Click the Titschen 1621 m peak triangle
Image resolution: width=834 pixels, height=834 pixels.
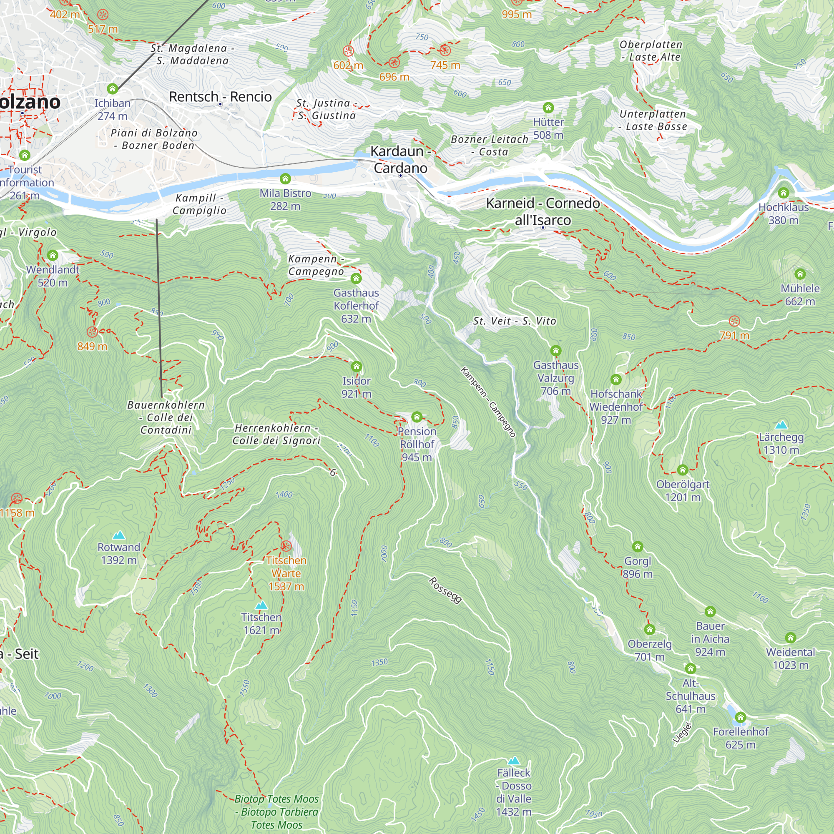[x=261, y=605]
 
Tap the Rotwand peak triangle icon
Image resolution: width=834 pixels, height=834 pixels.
[x=119, y=535]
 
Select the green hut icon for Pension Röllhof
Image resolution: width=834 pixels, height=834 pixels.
[x=417, y=417]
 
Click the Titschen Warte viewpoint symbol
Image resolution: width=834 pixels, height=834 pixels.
[x=286, y=546]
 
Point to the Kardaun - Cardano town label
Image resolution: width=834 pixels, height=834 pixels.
[x=400, y=159]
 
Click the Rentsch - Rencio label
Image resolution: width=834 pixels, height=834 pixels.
[x=220, y=97]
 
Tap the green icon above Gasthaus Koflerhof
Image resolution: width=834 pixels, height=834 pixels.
[x=356, y=278]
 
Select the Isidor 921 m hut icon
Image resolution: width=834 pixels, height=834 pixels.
[x=356, y=367]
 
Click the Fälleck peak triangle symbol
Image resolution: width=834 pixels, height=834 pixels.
[x=513, y=761]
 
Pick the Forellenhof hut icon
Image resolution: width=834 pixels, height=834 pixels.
[x=741, y=717]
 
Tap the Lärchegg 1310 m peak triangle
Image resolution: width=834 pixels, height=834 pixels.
[x=781, y=425]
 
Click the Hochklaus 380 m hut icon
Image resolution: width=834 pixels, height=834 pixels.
[x=784, y=193]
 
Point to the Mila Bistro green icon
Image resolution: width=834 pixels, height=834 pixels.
[x=285, y=179]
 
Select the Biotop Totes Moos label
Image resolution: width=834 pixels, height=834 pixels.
[x=277, y=811]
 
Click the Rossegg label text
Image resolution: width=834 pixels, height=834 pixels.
[x=445, y=590]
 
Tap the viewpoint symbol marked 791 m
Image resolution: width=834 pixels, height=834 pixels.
[x=734, y=321]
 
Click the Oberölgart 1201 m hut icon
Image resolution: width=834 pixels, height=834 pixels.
[x=683, y=470]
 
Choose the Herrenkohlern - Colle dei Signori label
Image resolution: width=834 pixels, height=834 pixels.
[x=276, y=434]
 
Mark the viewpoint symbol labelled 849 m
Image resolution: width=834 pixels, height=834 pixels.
[x=92, y=332]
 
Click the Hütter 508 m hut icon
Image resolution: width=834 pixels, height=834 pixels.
[x=548, y=108]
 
